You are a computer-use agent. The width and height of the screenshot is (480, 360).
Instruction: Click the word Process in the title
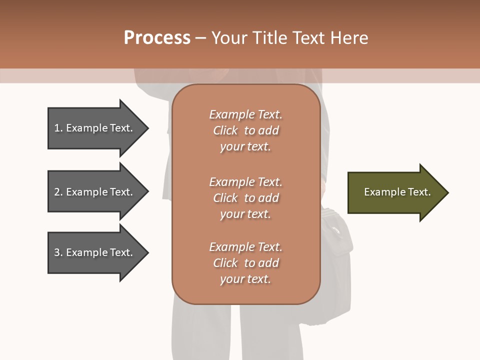157,38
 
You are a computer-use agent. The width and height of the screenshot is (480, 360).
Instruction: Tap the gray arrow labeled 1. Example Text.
95,128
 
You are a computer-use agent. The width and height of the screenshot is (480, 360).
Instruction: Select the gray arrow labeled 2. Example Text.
95,192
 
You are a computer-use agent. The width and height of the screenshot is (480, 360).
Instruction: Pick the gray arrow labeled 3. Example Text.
95,252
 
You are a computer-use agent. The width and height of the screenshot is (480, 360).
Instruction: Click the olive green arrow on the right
395,192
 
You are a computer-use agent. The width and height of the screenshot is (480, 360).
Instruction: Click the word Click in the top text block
225,130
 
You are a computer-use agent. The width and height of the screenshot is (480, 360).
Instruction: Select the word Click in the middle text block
225,198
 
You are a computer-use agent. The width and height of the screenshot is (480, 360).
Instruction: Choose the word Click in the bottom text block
225,263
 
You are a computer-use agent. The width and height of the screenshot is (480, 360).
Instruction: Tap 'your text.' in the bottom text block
245,279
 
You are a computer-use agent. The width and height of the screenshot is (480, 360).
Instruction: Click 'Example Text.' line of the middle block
245,181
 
